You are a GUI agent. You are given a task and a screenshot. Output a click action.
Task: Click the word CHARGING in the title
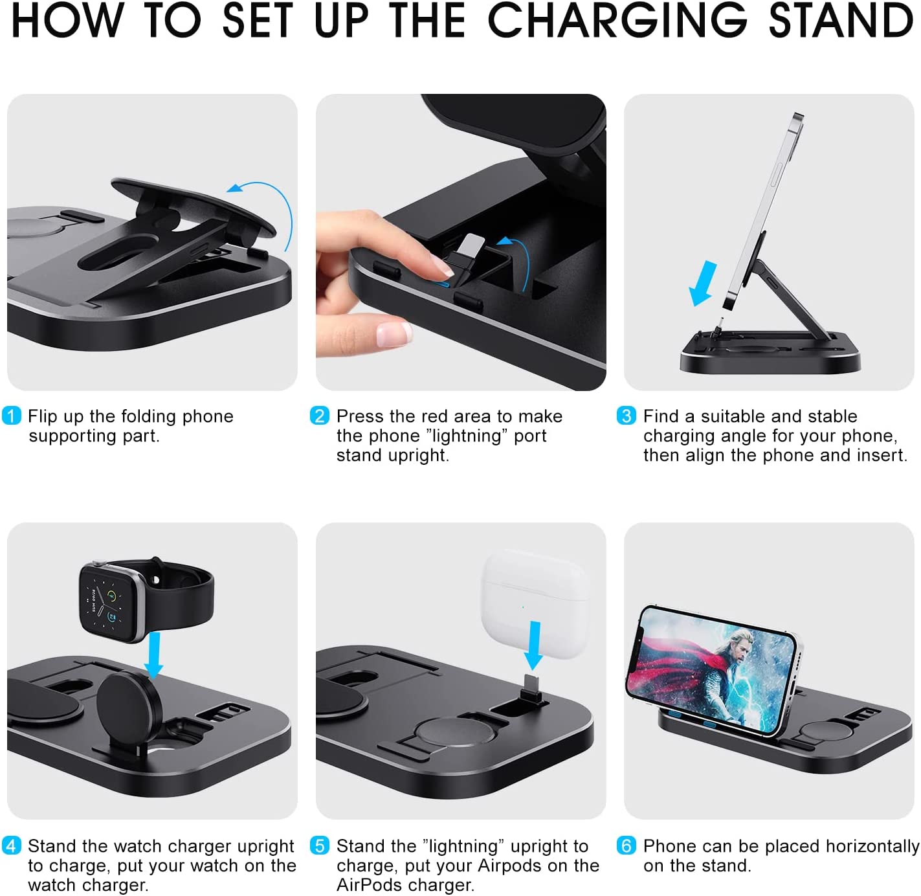(617, 21)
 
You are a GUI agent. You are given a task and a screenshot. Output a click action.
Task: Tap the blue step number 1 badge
(12, 416)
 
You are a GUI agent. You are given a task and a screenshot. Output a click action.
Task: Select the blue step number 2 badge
(320, 416)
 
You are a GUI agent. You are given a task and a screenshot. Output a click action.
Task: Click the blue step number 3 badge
(626, 416)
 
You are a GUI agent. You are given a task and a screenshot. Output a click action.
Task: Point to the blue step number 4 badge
(12, 846)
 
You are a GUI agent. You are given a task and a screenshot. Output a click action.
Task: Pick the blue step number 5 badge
(320, 846)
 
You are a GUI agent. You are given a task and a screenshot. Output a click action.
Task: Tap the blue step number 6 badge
(626, 846)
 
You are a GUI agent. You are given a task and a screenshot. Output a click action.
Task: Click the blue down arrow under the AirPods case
(535, 645)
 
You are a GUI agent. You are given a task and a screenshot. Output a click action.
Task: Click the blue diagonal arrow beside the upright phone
(704, 282)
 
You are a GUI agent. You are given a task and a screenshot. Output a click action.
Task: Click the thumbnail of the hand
(394, 334)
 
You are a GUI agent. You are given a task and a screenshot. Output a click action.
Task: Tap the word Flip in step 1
(43, 416)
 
